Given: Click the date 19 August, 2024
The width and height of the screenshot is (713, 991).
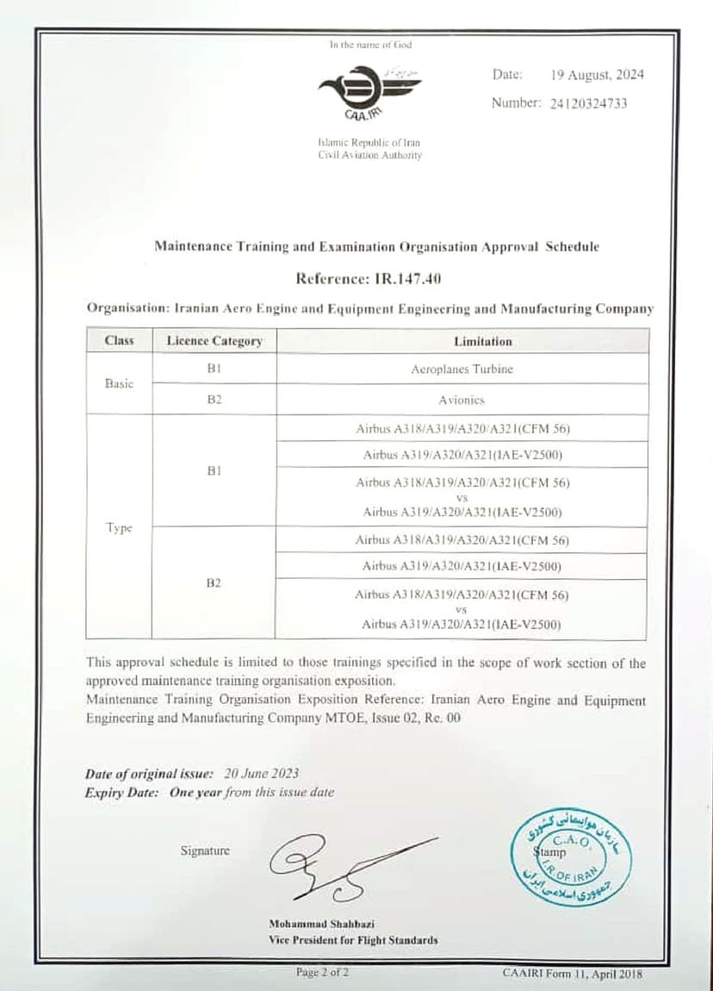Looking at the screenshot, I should (597, 75).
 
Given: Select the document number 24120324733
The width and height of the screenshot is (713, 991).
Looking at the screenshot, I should (587, 103).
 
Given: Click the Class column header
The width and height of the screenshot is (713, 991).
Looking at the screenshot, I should (119, 341).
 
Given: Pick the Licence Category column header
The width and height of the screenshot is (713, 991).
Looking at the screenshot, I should (214, 341).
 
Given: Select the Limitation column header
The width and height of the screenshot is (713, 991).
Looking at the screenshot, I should (482, 341).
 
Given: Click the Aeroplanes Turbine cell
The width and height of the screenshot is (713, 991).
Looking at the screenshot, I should (462, 369).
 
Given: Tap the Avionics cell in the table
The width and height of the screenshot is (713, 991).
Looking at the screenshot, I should (462, 400).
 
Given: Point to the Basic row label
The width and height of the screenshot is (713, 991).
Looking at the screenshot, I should (119, 384).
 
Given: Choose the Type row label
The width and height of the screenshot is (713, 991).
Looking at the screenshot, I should (119, 528).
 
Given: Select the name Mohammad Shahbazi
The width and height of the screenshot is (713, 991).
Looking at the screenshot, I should (321, 924).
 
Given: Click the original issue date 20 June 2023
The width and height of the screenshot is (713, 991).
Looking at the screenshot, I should (262, 774).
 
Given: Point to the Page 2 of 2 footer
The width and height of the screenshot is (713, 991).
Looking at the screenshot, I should (323, 973).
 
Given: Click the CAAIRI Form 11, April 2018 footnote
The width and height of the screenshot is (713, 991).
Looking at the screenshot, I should (572, 973).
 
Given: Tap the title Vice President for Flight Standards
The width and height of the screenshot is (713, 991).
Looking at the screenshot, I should (353, 940).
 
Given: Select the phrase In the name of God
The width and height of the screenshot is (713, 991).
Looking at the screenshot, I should (370, 45).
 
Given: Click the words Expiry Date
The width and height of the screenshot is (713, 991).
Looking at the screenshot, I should (121, 793).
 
